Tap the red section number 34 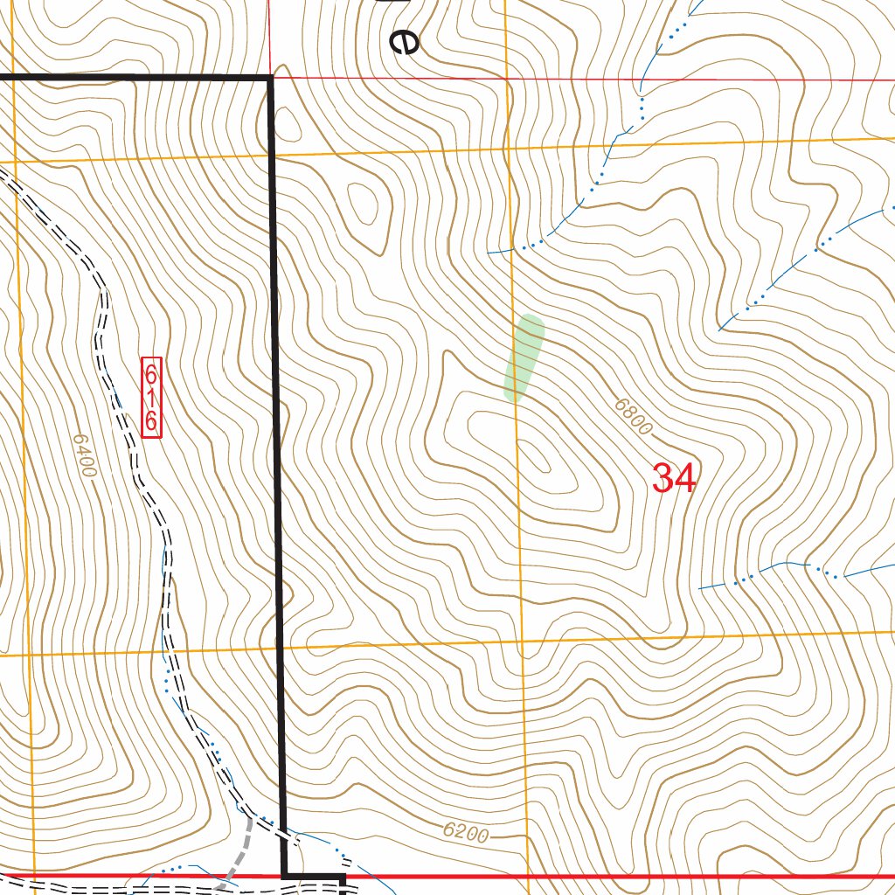click(x=674, y=478)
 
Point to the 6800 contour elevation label click(x=634, y=416)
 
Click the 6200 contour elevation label click(x=465, y=833)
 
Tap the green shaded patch click(x=524, y=358)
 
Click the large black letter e click(x=403, y=41)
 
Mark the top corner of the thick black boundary click(x=269, y=79)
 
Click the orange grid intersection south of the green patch click(x=523, y=643)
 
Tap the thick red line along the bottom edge click(x=612, y=875)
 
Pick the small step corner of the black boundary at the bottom click(x=342, y=875)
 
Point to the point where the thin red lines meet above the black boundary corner click(x=272, y=78)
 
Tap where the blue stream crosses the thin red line click(x=642, y=79)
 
